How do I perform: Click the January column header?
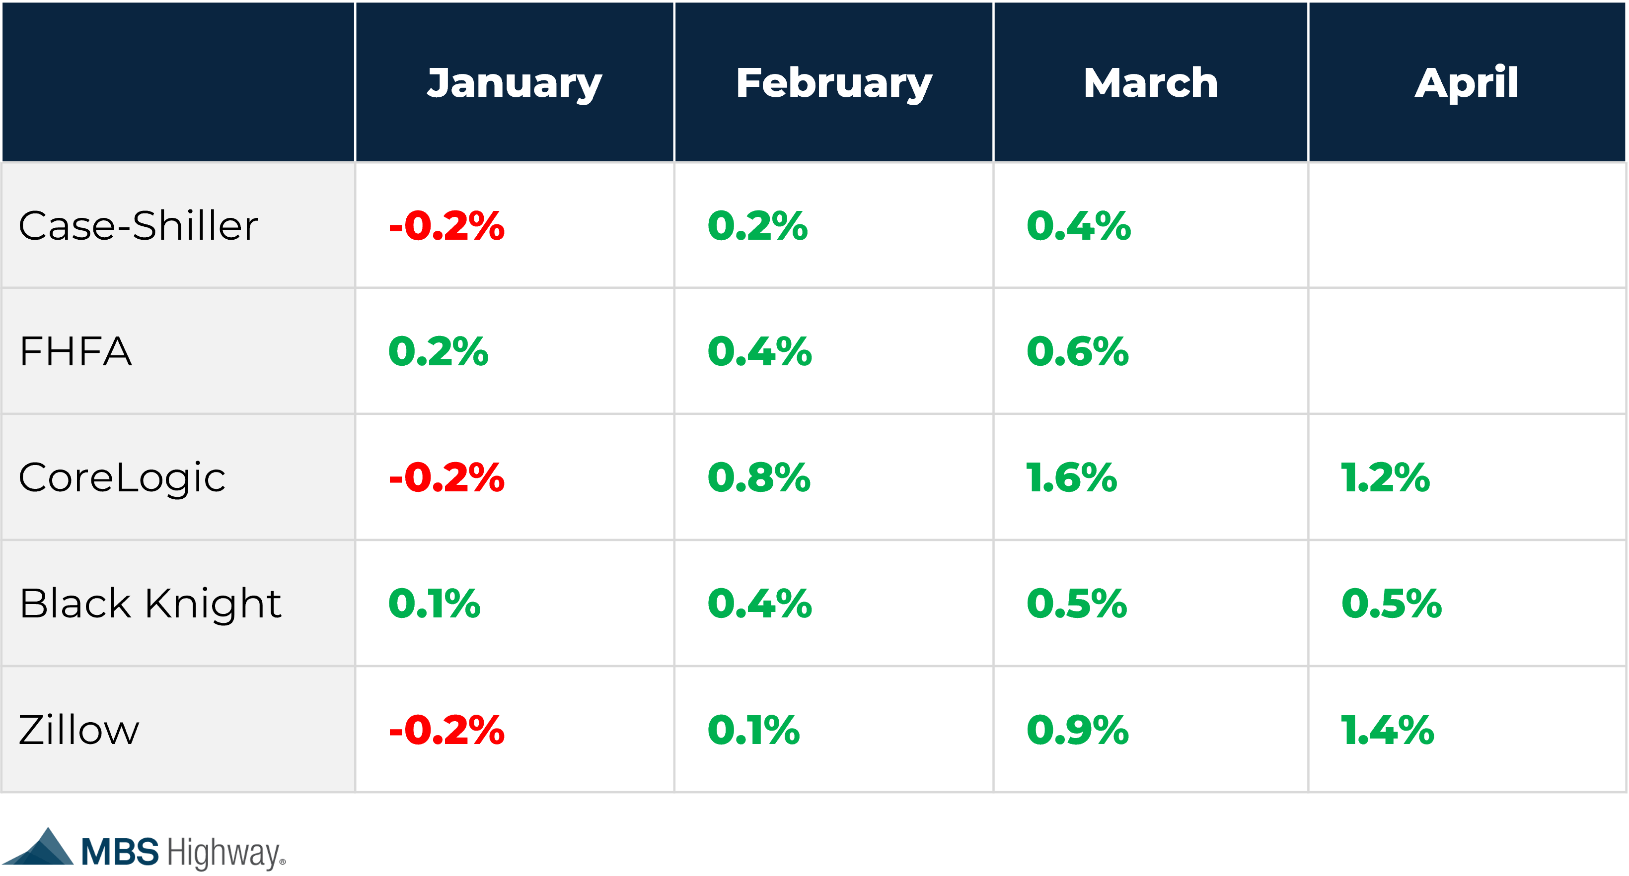pos(514,83)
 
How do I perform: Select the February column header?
pos(833,83)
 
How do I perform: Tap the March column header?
pos(1150,83)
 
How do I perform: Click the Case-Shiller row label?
pos(138,226)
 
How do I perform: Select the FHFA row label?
pos(76,351)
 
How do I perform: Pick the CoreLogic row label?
pos(122,478)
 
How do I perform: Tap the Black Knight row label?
pos(150,603)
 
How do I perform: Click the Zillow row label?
pos(79,730)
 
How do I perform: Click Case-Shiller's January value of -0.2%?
pos(446,226)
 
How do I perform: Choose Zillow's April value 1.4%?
pos(1387,730)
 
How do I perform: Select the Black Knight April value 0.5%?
pos(1391,603)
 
